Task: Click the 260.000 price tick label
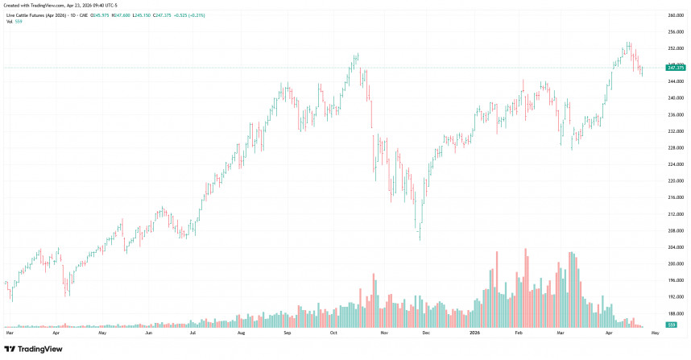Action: coord(675,15)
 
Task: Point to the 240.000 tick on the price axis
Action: coord(675,97)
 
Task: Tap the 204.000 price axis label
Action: coord(675,247)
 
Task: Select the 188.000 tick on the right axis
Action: coord(675,313)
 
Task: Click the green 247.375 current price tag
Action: coord(675,68)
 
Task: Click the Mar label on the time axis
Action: coord(10,332)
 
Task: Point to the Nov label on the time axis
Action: coord(383,332)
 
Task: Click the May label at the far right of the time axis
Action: coord(654,332)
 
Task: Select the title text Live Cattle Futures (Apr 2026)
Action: coord(39,14)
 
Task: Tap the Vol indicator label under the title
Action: coord(8,21)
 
